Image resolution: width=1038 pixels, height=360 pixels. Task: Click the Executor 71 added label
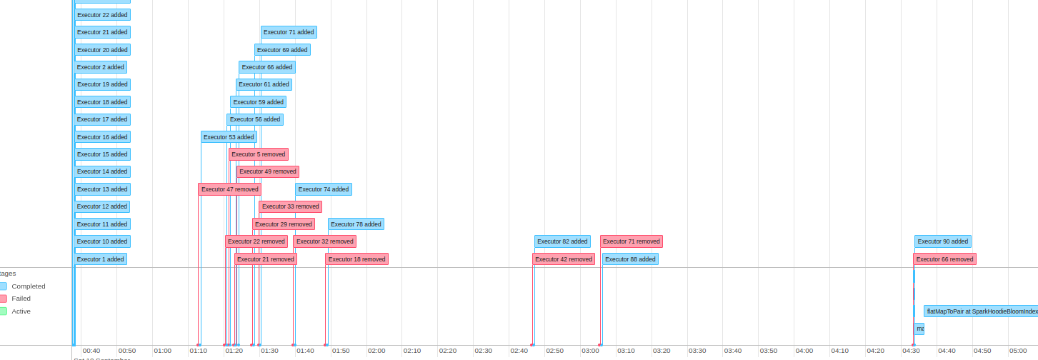(x=289, y=32)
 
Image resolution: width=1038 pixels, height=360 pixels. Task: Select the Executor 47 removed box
(x=229, y=189)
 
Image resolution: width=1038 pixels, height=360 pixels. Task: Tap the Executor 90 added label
(x=942, y=241)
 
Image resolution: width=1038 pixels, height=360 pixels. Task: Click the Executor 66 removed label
(x=944, y=259)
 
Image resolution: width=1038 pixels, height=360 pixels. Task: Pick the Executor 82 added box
(x=562, y=241)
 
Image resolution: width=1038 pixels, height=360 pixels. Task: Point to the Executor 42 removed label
(x=564, y=259)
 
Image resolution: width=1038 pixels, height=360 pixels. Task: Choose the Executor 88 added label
(x=629, y=259)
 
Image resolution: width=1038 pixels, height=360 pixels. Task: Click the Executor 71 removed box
(x=631, y=241)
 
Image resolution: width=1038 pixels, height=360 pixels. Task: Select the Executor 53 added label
(x=229, y=137)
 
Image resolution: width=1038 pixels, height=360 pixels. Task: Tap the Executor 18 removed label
(x=356, y=259)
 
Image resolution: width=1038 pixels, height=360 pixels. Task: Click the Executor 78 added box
(x=356, y=224)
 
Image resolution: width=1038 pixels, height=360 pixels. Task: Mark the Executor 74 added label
(x=323, y=189)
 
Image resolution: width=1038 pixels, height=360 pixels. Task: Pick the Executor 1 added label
(x=101, y=259)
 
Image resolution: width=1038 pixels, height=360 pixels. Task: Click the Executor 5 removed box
(x=258, y=154)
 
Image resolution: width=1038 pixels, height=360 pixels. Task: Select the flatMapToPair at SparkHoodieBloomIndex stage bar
(x=980, y=311)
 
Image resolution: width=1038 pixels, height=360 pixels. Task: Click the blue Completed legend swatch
(x=3, y=286)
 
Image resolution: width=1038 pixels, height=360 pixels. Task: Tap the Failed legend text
(x=21, y=299)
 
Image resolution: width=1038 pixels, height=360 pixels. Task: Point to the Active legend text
(x=21, y=311)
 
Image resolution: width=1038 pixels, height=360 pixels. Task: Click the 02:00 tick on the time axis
(x=376, y=351)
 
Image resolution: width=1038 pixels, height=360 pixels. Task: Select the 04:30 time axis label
(x=911, y=351)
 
